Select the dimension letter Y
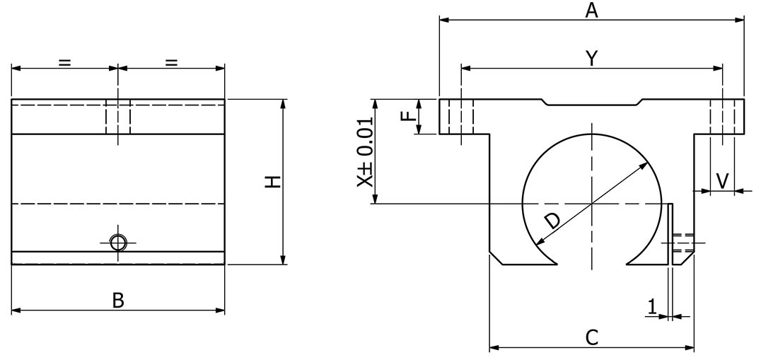pyautogui.click(x=591, y=58)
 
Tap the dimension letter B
pyautogui.click(x=118, y=300)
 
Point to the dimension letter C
pyautogui.click(x=592, y=337)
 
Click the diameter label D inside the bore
pyautogui.click(x=552, y=221)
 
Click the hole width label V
pyautogui.click(x=721, y=180)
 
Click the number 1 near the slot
pyautogui.click(x=652, y=306)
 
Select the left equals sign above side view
pyautogui.click(x=64, y=62)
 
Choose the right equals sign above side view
pyautogui.click(x=171, y=62)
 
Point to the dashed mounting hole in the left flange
pyautogui.click(x=461, y=117)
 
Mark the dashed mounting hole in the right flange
pyautogui.click(x=722, y=117)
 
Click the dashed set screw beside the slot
pyautogui.click(x=684, y=243)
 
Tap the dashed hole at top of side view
pyautogui.click(x=118, y=117)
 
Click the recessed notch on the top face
pyautogui.click(x=591, y=103)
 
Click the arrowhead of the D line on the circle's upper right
pyautogui.click(x=644, y=165)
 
